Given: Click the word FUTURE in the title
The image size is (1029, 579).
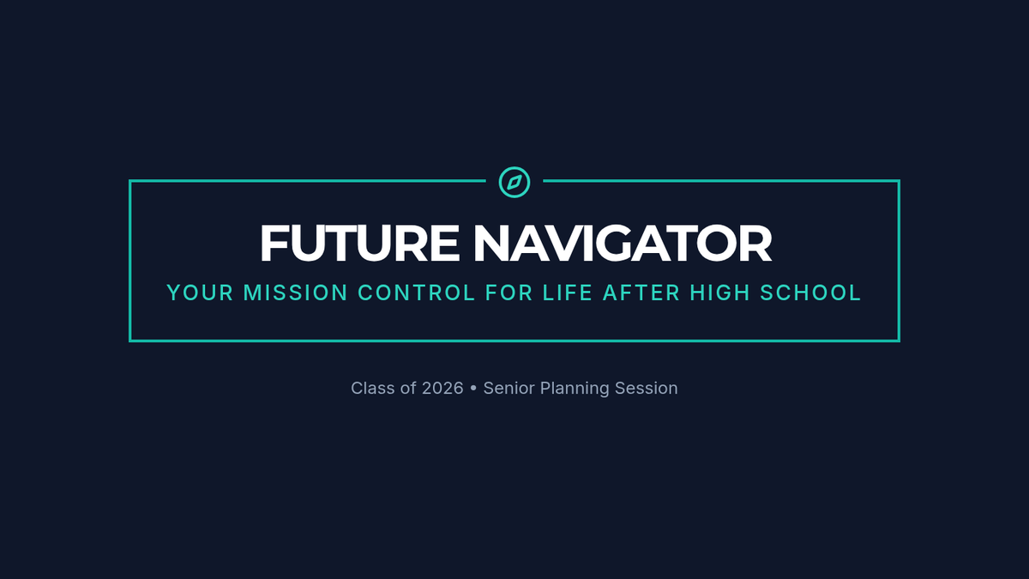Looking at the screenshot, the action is pos(359,243).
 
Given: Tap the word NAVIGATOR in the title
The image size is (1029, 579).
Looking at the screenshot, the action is pos(623,243).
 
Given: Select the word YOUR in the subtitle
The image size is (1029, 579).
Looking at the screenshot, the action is pos(200,293).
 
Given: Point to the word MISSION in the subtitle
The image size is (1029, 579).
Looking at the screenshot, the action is pos(295,293).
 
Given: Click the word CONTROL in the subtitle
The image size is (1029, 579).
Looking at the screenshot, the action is pos(416,293).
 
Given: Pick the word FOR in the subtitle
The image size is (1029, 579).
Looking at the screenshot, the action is pos(509,293).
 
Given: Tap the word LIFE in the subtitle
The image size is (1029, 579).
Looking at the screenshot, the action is pos(568,293).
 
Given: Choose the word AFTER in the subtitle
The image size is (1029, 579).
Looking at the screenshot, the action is pos(641,293).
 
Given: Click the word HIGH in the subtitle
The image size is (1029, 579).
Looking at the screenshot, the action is pos(719,293).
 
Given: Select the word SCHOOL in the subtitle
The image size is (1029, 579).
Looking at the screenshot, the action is pos(810,293).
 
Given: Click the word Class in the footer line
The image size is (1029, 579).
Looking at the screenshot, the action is pos(373,389).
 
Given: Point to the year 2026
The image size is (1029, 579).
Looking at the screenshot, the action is pos(442,389).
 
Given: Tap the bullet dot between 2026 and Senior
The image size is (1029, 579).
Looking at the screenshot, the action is pos(473,389).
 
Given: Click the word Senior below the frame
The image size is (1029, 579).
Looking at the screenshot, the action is pos(509,389).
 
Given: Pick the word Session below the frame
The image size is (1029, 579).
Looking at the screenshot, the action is pos(647,389).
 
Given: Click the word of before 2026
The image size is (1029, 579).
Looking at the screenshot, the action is pos(408,389).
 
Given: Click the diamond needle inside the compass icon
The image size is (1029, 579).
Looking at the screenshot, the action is pos(514,183).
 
